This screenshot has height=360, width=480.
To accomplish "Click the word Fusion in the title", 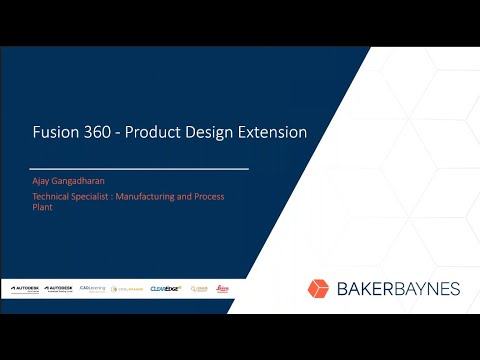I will click(x=53, y=132).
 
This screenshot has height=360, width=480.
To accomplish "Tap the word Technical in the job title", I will click(x=52, y=197).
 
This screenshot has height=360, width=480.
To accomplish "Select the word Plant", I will click(x=42, y=210).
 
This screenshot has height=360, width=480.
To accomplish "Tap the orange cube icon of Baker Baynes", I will click(x=318, y=288).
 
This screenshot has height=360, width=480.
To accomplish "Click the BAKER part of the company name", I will click(x=361, y=289).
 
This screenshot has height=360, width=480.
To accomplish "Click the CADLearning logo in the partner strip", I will click(x=93, y=288).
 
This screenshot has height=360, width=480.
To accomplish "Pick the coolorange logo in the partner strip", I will click(x=127, y=288).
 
